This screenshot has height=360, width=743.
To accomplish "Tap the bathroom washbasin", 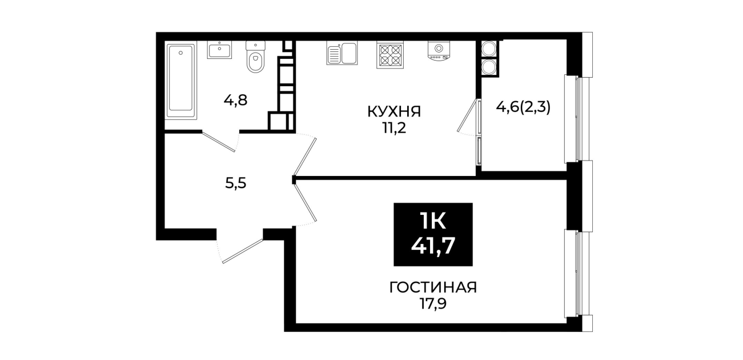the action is tap(219, 50).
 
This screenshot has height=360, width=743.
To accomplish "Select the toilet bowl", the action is tap(256, 57).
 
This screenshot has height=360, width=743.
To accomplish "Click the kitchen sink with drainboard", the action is tap(342, 53).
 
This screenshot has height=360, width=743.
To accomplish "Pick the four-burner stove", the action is tap(390, 55).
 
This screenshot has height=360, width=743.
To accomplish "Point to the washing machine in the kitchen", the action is tap(439, 51).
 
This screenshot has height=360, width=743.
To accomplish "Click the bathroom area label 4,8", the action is tap(235, 100).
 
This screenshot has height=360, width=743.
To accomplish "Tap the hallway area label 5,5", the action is tap(236, 183).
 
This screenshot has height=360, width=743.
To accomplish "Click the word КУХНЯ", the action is tap(394, 111).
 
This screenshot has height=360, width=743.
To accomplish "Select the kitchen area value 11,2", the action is tap(395, 128).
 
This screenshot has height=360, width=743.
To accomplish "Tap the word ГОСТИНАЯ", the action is tap(433, 287).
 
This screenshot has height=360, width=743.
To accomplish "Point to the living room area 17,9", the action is tap(433, 303).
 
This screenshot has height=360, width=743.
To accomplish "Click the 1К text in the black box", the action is tap(433, 221).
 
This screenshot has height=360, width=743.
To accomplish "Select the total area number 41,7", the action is tap(433, 246).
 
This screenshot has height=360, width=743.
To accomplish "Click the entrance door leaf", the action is tap(243, 251).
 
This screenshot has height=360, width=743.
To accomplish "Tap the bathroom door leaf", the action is tap(219, 142).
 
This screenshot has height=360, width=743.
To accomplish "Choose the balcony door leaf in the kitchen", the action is tap(467, 115).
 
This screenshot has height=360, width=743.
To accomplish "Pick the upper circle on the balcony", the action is tap(489, 49).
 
